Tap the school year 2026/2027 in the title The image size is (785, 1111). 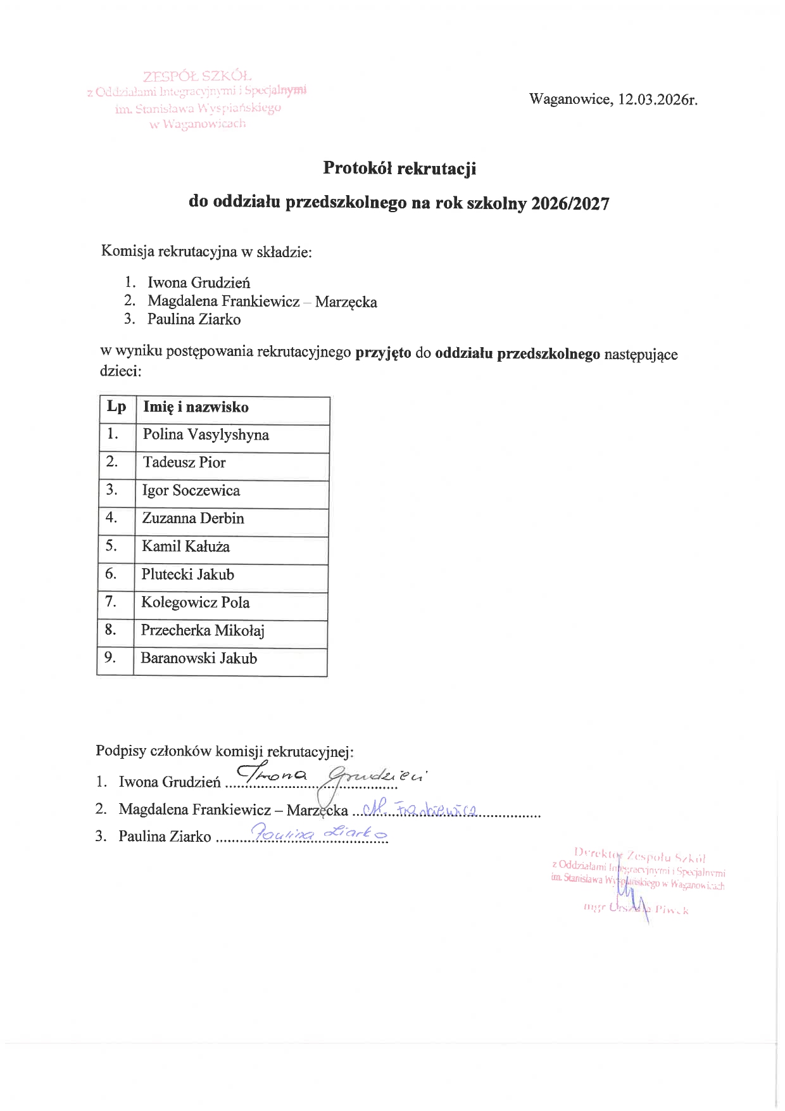[570, 203]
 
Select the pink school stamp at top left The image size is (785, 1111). [198, 100]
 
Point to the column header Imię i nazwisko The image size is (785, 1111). [196, 407]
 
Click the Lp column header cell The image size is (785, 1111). [116, 407]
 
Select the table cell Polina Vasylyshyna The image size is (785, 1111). [206, 435]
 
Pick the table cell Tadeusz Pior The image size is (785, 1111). [184, 462]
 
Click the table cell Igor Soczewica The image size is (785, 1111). [191, 491]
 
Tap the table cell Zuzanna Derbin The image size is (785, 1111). [193, 519]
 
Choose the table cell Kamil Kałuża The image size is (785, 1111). [185, 547]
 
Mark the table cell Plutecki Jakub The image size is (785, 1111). [188, 575]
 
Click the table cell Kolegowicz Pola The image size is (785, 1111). [195, 603]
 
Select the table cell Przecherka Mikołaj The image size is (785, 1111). [203, 631]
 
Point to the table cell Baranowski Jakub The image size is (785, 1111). [199, 659]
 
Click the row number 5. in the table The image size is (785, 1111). [111, 546]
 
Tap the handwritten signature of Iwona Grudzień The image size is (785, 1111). [332, 775]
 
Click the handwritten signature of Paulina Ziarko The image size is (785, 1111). [319, 834]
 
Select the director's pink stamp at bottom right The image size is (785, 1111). [638, 882]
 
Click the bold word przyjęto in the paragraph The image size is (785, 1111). [383, 353]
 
